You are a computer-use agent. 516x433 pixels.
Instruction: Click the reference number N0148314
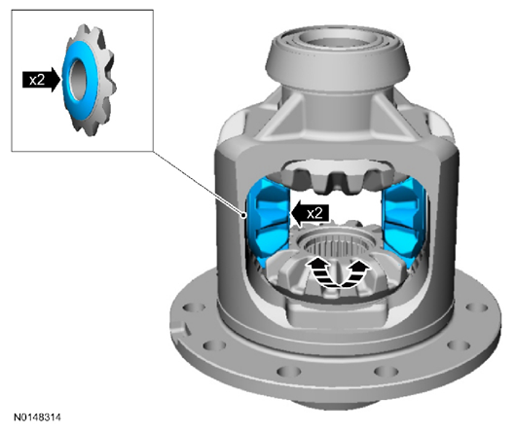coord(37,417)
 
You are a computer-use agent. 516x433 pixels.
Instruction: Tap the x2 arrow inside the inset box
coord(42,80)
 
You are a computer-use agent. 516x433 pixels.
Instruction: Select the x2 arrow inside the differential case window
coord(310,213)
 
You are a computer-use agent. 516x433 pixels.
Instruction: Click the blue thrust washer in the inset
coord(79,80)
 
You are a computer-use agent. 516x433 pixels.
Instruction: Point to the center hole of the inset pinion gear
coord(77,80)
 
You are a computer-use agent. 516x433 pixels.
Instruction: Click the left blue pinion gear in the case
coord(268,221)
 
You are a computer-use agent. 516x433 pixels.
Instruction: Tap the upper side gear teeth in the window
coord(337,177)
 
